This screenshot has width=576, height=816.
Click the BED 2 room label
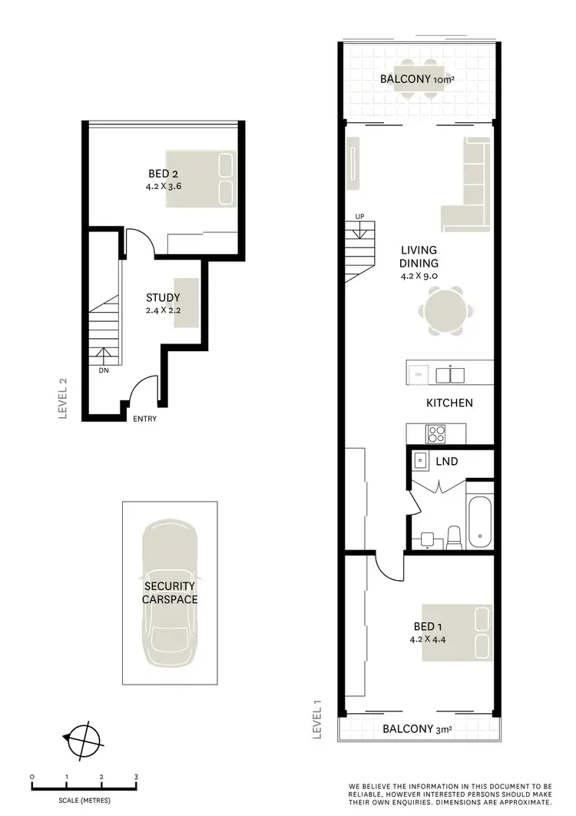click(x=164, y=174)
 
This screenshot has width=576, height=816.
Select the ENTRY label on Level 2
click(x=145, y=419)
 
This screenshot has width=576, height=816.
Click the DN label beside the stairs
click(x=104, y=370)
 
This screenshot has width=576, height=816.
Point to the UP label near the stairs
click(x=359, y=216)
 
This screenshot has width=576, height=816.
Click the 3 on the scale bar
click(x=136, y=777)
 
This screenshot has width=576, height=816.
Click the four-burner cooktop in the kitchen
click(x=436, y=434)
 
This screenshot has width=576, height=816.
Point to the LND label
click(x=447, y=461)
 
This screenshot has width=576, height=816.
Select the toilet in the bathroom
click(x=453, y=537)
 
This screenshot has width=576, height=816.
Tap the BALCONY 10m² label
click(x=418, y=79)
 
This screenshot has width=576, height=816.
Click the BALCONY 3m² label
click(x=418, y=729)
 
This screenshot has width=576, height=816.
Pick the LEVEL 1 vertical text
click(x=317, y=718)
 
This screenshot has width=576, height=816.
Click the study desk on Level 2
click(x=187, y=303)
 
